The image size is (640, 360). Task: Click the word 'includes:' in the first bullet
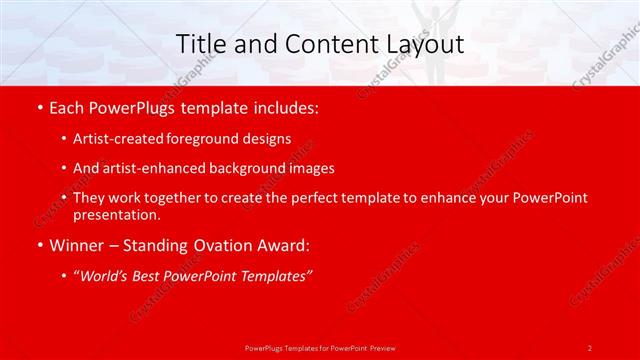pyautogui.click(x=285, y=108)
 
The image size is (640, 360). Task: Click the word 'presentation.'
pyautogui.click(x=116, y=214)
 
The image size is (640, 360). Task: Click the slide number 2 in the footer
pyautogui.click(x=590, y=347)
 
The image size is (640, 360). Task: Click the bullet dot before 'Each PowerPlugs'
pyautogui.click(x=38, y=108)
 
